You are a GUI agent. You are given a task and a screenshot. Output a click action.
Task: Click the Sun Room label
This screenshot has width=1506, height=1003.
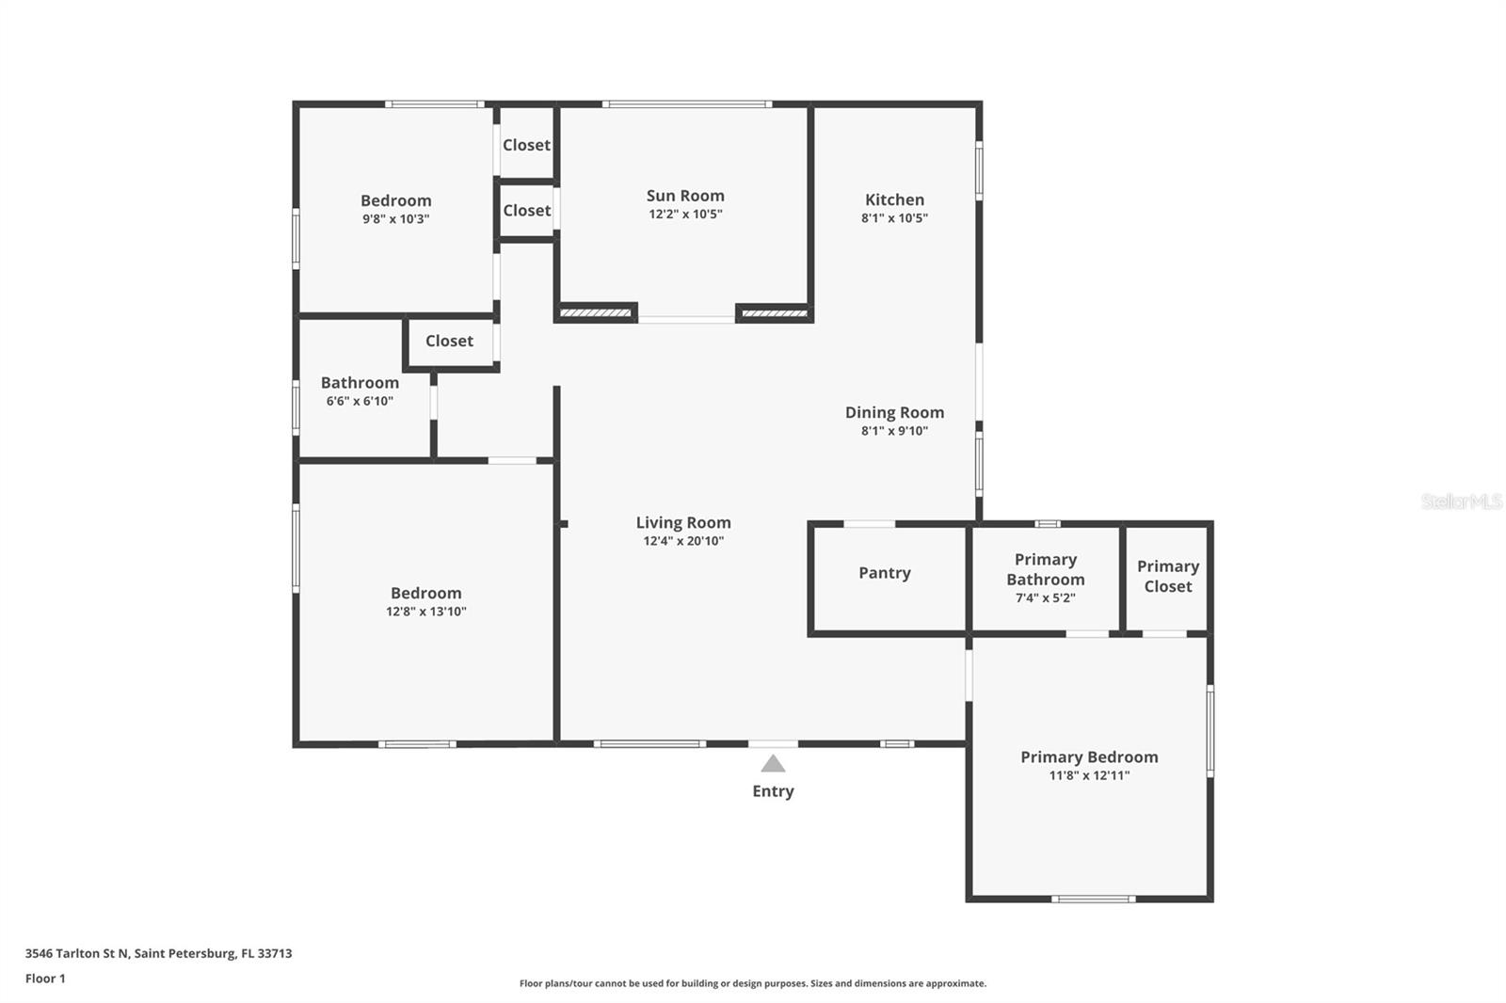click(x=685, y=196)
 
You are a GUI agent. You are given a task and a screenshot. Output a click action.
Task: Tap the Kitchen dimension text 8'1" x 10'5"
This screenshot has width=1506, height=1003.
click(x=894, y=218)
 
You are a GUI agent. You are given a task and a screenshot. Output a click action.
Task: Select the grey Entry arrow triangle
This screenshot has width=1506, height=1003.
click(x=773, y=763)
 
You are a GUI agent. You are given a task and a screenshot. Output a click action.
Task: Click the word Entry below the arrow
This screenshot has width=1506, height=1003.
click(x=773, y=791)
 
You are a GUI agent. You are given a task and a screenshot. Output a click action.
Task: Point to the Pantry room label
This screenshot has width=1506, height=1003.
click(x=884, y=573)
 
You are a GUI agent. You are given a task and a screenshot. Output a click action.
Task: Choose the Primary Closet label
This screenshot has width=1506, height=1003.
click(x=1167, y=576)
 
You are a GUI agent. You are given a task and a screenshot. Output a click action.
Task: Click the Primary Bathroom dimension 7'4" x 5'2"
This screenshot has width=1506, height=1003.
click(x=1045, y=598)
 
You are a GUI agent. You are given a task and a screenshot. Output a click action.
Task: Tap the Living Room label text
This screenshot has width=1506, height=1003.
click(x=683, y=522)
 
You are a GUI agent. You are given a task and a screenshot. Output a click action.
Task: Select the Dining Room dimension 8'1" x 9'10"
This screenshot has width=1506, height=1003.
click(x=894, y=431)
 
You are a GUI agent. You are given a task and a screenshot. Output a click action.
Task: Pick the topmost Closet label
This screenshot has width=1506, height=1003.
click(x=526, y=145)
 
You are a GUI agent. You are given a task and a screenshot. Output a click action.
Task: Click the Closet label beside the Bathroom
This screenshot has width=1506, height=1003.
click(x=449, y=341)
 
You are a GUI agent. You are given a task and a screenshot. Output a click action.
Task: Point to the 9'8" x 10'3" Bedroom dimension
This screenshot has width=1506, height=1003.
click(x=396, y=219)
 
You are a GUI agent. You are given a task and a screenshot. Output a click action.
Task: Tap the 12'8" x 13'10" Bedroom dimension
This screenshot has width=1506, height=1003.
click(x=426, y=612)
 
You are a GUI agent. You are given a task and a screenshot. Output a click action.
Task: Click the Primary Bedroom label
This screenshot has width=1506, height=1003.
click(x=1089, y=756)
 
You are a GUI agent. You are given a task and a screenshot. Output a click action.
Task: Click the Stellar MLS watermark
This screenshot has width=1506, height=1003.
click(x=1461, y=501)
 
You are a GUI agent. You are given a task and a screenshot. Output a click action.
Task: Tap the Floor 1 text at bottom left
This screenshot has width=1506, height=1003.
click(x=45, y=979)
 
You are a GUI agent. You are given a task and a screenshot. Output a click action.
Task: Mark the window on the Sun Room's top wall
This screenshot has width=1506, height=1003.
click(x=687, y=104)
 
